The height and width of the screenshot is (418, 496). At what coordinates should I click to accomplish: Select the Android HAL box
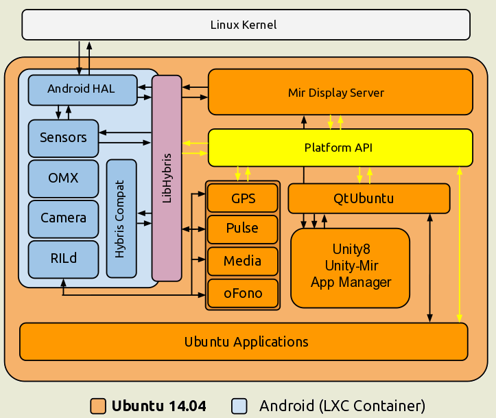tap(82, 89)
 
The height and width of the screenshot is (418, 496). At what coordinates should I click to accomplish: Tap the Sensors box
tap(63, 138)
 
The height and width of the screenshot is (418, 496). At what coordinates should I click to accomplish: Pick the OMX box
tap(63, 178)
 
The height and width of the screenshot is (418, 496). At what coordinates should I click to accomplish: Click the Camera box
tap(63, 218)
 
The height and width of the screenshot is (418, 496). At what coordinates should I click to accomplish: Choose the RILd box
tap(63, 259)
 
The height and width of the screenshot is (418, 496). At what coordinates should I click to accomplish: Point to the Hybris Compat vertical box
tap(121, 218)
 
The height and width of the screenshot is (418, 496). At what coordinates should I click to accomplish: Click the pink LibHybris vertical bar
tap(167, 178)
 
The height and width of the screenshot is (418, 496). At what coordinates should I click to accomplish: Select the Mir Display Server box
tap(340, 92)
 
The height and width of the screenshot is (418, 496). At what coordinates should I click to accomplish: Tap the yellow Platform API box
tap(340, 148)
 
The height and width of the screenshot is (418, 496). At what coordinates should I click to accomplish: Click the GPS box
tap(243, 198)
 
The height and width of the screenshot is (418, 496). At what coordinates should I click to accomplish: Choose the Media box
tap(243, 261)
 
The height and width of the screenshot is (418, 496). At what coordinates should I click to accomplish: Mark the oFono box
tap(243, 293)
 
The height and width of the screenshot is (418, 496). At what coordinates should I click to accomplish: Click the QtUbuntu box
tap(368, 198)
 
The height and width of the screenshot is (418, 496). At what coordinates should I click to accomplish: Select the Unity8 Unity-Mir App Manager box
tap(351, 268)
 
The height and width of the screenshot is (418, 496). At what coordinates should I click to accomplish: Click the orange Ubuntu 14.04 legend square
tap(98, 406)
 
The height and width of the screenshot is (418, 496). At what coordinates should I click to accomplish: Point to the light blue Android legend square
tap(239, 406)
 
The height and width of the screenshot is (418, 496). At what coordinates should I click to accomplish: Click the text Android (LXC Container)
tap(342, 406)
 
